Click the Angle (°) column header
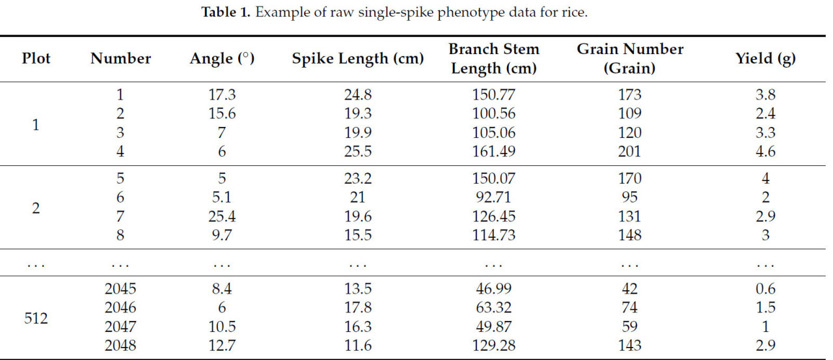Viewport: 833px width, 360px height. pyautogui.click(x=221, y=59)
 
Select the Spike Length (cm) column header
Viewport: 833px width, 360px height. pyautogui.click(x=357, y=59)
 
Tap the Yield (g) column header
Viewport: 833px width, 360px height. pyautogui.click(x=765, y=59)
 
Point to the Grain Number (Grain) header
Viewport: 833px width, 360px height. pyautogui.click(x=630, y=59)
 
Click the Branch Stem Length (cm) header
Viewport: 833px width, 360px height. pyautogui.click(x=494, y=59)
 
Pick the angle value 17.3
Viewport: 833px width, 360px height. pyautogui.click(x=221, y=95)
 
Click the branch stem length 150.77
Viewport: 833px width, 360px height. pyautogui.click(x=494, y=95)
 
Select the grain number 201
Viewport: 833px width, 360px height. pyautogui.click(x=630, y=152)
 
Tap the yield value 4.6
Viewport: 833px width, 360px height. pyautogui.click(x=765, y=152)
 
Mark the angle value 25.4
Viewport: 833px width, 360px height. pyautogui.click(x=221, y=215)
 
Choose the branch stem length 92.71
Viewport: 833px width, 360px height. pyautogui.click(x=494, y=197)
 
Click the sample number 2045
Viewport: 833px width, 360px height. pyautogui.click(x=120, y=289)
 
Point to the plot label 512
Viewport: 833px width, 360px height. pyautogui.click(x=36, y=318)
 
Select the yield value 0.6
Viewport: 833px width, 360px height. pyautogui.click(x=765, y=289)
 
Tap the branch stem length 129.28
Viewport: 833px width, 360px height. pyautogui.click(x=494, y=346)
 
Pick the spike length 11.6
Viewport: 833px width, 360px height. pyautogui.click(x=357, y=346)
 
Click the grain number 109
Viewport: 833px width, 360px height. pyautogui.click(x=630, y=114)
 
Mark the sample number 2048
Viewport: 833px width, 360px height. pyautogui.click(x=120, y=346)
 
